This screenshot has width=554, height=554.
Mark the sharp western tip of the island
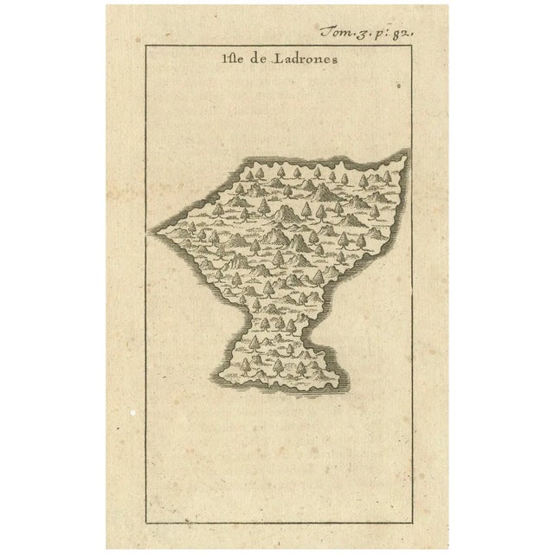(151, 231)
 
